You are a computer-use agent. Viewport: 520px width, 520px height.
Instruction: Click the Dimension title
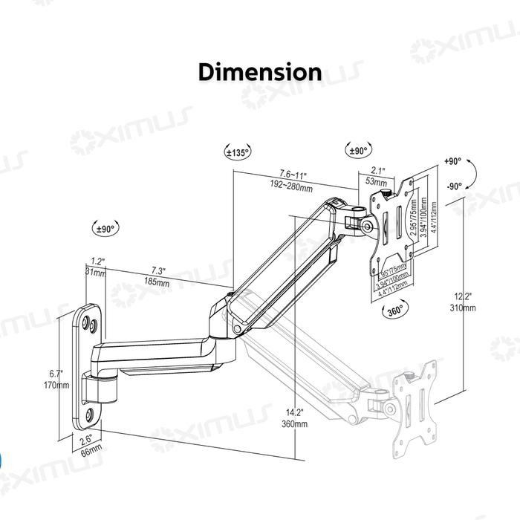point(260,72)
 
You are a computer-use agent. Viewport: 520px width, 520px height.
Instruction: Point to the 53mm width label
point(376,182)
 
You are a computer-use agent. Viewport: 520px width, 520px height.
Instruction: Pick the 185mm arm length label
point(157,283)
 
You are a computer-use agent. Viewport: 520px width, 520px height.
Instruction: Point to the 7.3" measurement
point(157,271)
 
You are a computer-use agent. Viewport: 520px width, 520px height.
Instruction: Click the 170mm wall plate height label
point(56,385)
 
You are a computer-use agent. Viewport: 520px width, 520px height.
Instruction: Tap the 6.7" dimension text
point(56,374)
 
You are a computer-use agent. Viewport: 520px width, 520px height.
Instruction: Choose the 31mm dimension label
point(95,273)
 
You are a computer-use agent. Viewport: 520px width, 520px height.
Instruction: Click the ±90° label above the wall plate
point(106,229)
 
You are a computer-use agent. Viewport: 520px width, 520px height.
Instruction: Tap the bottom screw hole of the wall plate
point(90,415)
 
